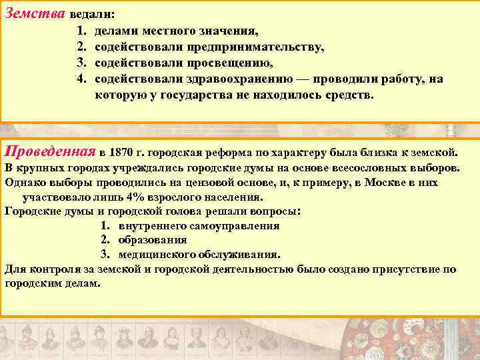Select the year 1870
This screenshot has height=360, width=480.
(121, 149)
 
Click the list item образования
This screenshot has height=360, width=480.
(152, 240)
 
